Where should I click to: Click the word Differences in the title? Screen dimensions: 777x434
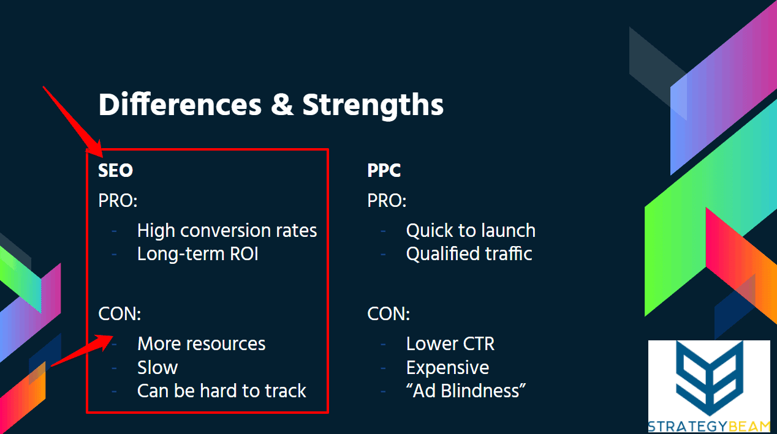pyautogui.click(x=180, y=104)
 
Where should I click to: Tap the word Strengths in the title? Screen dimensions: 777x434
pyautogui.click(x=373, y=106)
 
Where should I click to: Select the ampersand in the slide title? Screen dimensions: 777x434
pyautogui.click(x=282, y=104)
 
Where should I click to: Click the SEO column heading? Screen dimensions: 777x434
pyautogui.click(x=116, y=170)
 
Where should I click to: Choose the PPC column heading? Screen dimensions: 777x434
pyautogui.click(x=384, y=170)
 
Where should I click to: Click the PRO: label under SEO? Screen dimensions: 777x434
pyautogui.click(x=118, y=200)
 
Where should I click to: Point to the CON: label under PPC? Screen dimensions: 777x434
pyautogui.click(x=388, y=313)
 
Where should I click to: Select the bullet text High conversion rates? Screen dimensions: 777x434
pyautogui.click(x=227, y=231)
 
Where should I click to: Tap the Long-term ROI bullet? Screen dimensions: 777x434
pyautogui.click(x=198, y=254)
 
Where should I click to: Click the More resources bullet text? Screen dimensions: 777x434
pyautogui.click(x=202, y=344)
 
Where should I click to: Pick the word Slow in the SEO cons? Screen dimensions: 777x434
pyautogui.click(x=157, y=367)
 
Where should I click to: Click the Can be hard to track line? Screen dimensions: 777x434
pyautogui.click(x=222, y=391)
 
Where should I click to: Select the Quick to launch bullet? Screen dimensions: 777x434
pyautogui.click(x=471, y=231)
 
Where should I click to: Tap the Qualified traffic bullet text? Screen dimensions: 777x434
pyautogui.click(x=469, y=254)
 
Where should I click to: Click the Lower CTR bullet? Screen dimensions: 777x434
pyautogui.click(x=450, y=344)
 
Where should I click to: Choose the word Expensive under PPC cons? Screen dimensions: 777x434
pyautogui.click(x=448, y=368)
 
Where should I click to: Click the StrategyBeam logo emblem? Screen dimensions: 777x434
pyautogui.click(x=710, y=378)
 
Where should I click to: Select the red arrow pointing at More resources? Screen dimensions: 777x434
pyautogui.click(x=82, y=351)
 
